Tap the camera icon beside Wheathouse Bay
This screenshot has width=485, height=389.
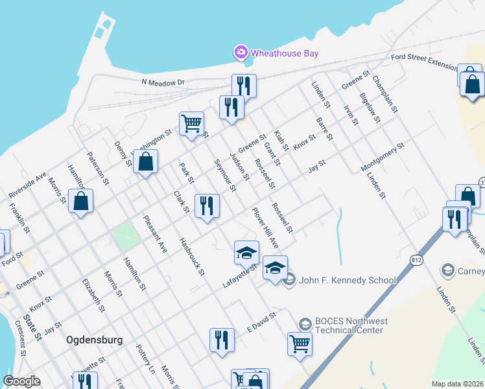(241, 52)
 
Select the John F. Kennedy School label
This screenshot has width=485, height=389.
(348, 280)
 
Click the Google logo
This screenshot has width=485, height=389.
(21, 381)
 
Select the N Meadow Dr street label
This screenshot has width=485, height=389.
(163, 82)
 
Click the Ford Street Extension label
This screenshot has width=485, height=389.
(424, 62)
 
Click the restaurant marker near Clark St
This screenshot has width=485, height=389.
(207, 206)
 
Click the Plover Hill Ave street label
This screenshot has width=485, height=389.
(265, 229)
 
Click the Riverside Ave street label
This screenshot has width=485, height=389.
(27, 185)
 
